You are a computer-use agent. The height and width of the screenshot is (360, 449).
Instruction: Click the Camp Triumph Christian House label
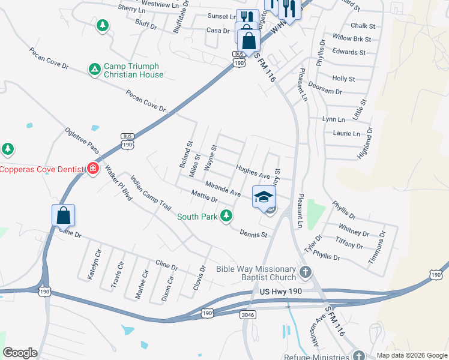pos(133,70)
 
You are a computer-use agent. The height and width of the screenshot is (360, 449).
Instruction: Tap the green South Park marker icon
pos(226,215)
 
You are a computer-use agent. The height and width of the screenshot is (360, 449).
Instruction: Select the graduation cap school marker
pos(264,196)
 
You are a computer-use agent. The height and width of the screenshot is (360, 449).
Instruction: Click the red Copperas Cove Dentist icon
pos(93,167)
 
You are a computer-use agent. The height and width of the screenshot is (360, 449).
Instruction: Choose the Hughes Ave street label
pos(253,172)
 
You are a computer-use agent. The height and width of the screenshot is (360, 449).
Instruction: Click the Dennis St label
pos(253,233)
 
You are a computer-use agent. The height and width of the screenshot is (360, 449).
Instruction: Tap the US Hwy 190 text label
pos(280,291)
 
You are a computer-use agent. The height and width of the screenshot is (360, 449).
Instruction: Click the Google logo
pos(20,353)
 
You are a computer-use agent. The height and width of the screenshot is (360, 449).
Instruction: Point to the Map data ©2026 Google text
pos(411,355)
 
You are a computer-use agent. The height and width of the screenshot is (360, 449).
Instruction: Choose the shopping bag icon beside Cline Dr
pos(64,215)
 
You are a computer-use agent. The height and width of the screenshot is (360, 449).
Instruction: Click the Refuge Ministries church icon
pos(359,355)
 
